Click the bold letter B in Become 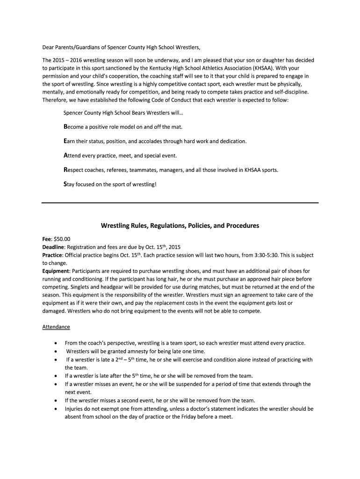click(x=65, y=127)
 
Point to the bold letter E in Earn click(x=65, y=141)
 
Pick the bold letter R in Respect click(x=65, y=170)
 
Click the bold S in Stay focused click(x=65, y=184)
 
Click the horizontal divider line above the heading click(x=180, y=203)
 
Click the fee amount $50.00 click(x=62, y=239)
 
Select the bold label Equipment click(x=55, y=271)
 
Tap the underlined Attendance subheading click(x=56, y=327)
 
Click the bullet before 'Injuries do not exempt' click(x=57, y=408)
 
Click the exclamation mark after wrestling click(x=156, y=185)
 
